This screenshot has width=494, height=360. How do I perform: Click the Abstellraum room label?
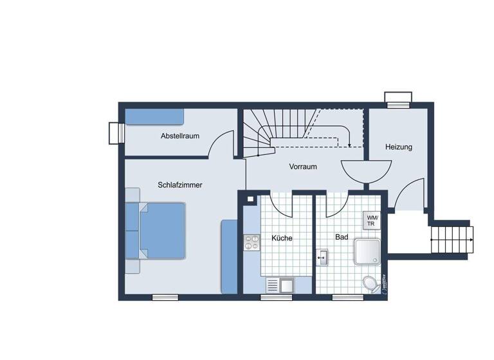click(179, 136)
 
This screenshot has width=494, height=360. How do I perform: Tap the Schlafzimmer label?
click(180, 185)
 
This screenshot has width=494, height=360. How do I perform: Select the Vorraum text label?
click(303, 166)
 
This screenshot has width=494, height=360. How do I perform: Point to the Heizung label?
click(399, 147)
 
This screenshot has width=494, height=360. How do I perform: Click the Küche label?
click(282, 238)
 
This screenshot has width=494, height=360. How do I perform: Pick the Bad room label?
click(342, 237)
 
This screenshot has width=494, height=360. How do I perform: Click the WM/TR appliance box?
click(373, 221)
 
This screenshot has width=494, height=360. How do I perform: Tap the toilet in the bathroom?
click(370, 283)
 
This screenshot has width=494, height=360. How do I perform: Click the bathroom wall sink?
click(322, 258)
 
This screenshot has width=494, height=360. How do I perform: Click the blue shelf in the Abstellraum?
click(154, 116)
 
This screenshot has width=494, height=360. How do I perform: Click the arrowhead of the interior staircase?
click(348, 144)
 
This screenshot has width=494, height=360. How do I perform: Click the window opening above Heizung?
click(398, 99)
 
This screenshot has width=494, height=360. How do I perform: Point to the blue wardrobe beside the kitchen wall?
click(230, 256)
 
